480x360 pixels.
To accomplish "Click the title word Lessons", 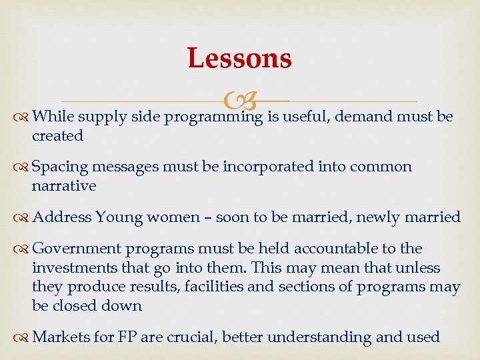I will tap(239, 58).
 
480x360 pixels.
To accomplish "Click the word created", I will tap(57, 136).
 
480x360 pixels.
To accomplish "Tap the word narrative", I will tap(64, 186).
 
